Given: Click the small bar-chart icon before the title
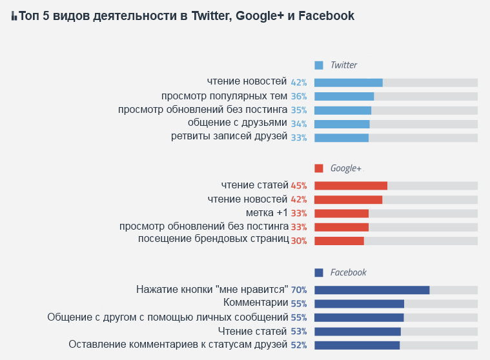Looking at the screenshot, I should point(14,17).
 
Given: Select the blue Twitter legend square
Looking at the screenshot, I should point(318,65).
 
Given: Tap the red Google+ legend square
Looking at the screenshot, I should point(318,168).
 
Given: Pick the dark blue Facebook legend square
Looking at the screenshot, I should point(318,272).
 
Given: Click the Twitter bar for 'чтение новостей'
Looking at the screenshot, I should point(349,83).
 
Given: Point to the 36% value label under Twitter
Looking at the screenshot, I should point(299,97).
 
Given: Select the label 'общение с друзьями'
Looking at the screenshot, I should point(237,123).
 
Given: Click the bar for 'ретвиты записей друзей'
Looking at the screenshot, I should point(342,137).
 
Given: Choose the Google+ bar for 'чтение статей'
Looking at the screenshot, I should point(351,186).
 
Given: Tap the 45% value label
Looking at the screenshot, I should point(299,186).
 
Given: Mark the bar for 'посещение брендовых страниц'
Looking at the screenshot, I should point(339,241).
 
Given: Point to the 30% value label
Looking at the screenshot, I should point(299,241).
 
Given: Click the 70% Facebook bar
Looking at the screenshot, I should point(372,290).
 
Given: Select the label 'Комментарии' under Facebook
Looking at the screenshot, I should point(255,303).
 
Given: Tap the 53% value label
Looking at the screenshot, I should point(299,332).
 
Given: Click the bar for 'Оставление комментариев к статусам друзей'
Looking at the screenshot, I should point(357,345).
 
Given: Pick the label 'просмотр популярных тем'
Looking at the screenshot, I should point(224,96).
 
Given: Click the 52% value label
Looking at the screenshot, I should point(299,345).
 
